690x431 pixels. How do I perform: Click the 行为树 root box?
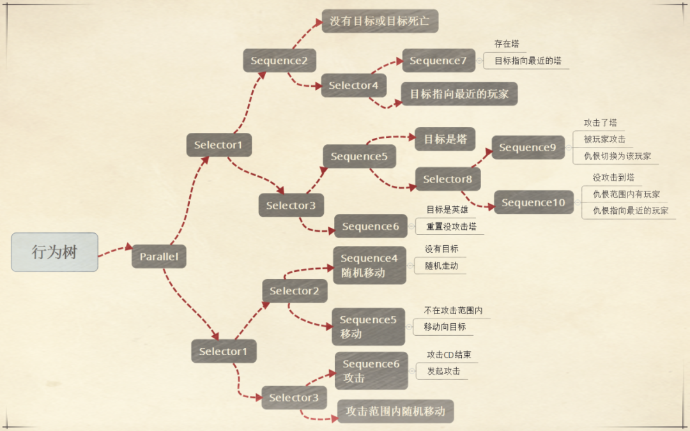(x=54, y=252)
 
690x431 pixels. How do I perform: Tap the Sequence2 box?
(x=279, y=61)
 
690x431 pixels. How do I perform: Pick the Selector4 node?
(x=353, y=85)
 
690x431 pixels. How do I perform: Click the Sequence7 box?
(x=438, y=61)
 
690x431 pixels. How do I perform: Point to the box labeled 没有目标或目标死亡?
(x=379, y=21)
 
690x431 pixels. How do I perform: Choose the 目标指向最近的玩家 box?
(x=459, y=94)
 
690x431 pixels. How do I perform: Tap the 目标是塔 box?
(x=445, y=139)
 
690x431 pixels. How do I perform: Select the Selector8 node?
(x=447, y=179)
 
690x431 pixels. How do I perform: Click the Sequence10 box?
(x=533, y=202)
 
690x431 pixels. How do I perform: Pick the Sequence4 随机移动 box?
(x=369, y=265)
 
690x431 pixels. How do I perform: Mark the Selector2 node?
(x=294, y=291)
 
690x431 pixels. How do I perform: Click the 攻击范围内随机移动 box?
(x=395, y=411)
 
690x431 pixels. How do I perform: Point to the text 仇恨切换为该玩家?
(x=617, y=156)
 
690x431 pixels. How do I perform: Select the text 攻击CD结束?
(x=448, y=354)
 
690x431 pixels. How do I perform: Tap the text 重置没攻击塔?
(x=451, y=227)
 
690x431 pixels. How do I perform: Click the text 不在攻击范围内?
(x=453, y=310)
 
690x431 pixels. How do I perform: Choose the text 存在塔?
(x=507, y=43)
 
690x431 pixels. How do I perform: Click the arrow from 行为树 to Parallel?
(x=115, y=250)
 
